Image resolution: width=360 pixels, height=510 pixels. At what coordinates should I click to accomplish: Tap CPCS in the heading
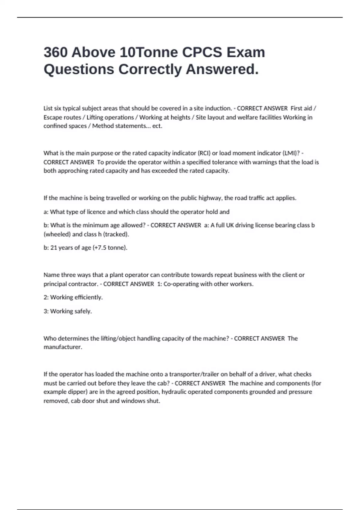coord(202,52)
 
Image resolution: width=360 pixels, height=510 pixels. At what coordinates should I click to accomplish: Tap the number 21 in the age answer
coord(54,248)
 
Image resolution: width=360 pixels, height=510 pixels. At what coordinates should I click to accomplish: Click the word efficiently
coord(89,297)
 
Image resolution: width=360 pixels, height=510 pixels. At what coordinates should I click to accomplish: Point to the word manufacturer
coord(63,347)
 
